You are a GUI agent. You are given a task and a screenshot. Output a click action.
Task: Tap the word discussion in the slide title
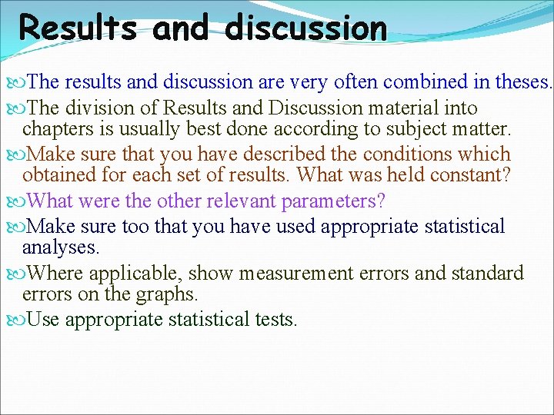click(x=306, y=28)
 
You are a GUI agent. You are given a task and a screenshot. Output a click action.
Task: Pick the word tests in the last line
click(x=275, y=319)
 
